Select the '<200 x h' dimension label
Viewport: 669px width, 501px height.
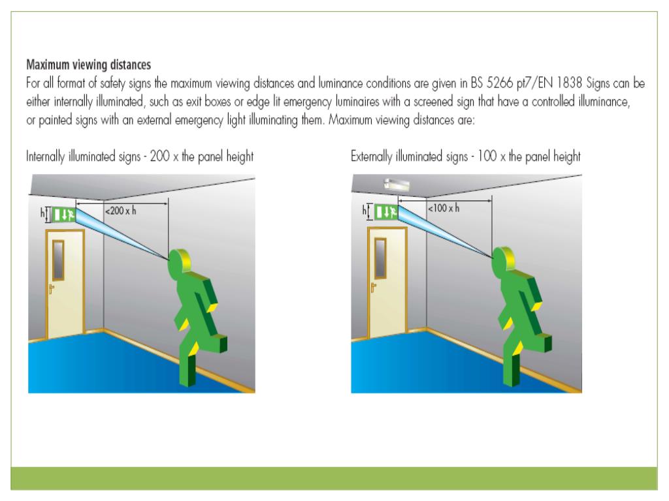point(121,211)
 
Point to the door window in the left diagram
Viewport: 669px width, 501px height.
point(59,258)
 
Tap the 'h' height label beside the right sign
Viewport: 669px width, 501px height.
point(365,210)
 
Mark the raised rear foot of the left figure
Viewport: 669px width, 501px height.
point(218,344)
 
